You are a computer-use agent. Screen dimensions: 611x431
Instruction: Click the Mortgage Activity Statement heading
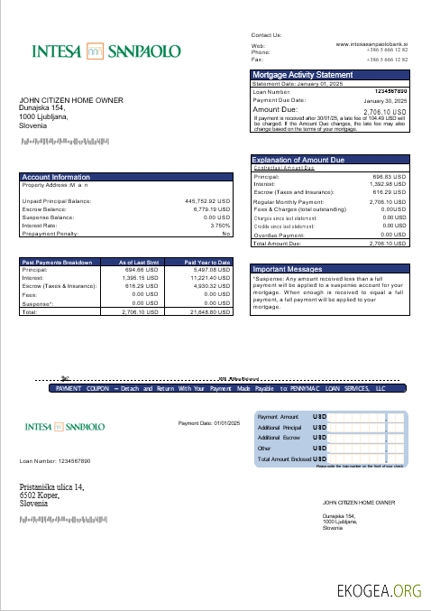(303, 75)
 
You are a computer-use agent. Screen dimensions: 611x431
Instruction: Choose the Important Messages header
(288, 269)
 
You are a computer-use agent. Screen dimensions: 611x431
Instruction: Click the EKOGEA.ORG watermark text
(379, 591)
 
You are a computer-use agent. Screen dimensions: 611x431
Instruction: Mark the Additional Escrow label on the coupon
(279, 437)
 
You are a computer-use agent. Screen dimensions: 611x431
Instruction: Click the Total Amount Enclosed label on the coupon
(284, 459)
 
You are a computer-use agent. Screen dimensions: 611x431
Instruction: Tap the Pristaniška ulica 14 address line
(52, 487)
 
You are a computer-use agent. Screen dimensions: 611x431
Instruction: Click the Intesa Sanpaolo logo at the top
(106, 51)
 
